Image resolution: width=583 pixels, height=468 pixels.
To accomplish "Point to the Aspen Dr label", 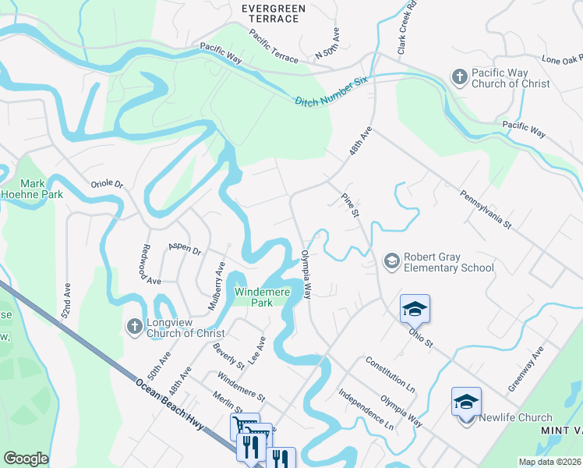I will point(185,249).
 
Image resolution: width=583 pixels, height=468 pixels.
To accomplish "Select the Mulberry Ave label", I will point(216,286).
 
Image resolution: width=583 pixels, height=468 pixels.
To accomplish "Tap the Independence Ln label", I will point(366,409).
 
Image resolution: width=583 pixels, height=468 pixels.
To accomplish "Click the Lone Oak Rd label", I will point(562,59).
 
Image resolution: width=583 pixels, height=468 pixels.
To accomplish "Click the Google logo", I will point(26,459).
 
